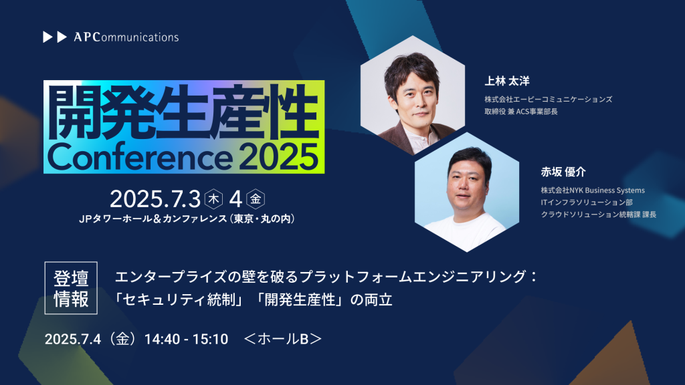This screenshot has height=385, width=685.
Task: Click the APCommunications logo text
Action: click(126, 37)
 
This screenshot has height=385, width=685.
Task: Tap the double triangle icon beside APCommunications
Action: click(55, 37)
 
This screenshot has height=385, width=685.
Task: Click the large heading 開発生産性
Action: click(183, 112)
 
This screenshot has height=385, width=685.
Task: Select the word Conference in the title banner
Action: click(140, 157)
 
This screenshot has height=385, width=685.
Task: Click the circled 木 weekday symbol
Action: click(213, 199)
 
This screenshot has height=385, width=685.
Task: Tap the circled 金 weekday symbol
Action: click(256, 199)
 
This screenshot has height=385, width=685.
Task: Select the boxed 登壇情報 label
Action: click(71, 288)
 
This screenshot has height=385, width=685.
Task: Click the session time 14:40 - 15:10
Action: click(186, 339)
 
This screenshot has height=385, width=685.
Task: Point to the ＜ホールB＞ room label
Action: click(283, 339)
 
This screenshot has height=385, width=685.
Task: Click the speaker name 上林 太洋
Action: click(507, 81)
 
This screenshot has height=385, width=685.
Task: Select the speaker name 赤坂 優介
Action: click(563, 172)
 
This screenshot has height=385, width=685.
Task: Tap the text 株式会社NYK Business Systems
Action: click(593, 190)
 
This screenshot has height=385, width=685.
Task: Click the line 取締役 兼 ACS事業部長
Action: click(520, 112)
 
